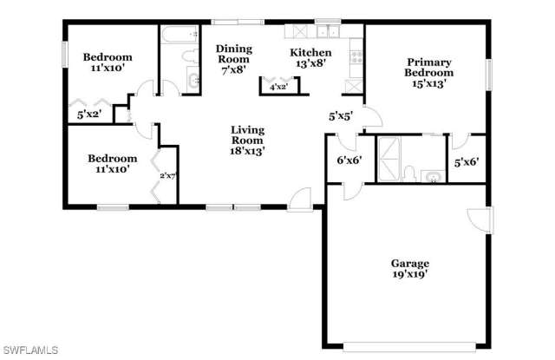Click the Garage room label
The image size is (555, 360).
[410, 263]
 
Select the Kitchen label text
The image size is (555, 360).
[310, 53]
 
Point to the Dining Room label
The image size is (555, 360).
[233, 55]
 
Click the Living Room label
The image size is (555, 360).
[247, 135]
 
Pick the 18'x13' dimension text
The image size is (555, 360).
[247, 150]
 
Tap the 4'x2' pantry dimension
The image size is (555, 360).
[278, 87]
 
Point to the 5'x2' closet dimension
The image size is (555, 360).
[89, 114]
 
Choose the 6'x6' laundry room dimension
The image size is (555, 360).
[348, 159]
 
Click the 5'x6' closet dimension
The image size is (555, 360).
[466, 160]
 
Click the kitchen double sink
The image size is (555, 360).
[328, 33]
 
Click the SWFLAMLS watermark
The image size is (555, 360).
[29, 350]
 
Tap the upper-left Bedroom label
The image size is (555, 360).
[107, 58]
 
